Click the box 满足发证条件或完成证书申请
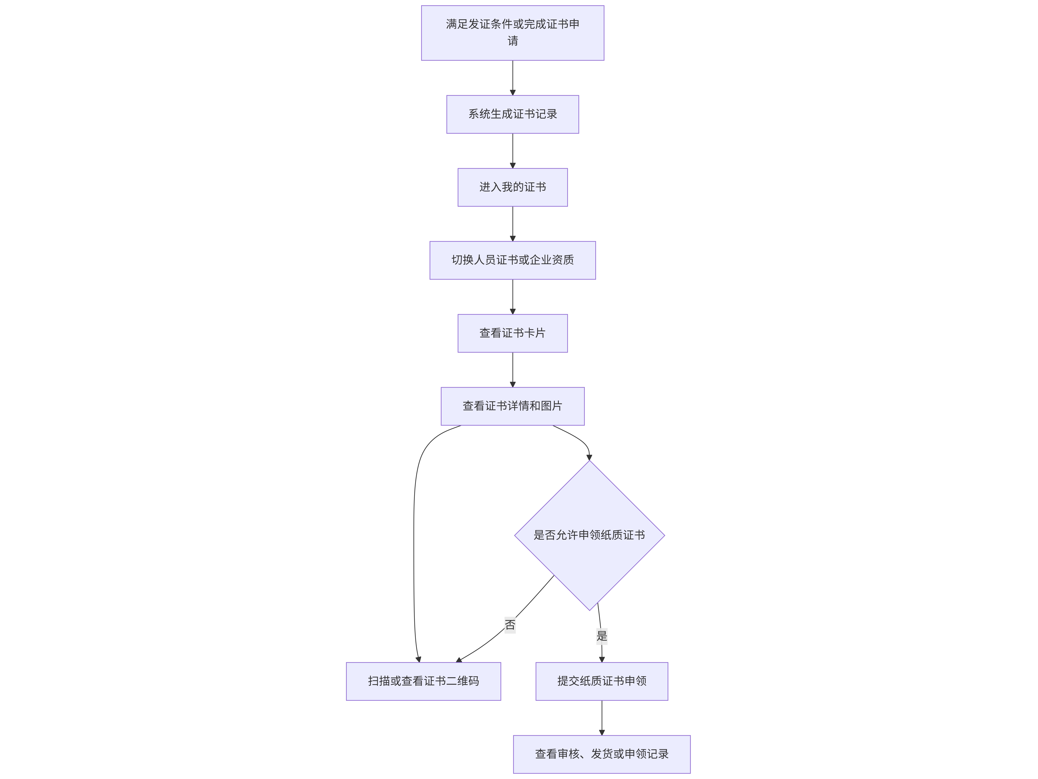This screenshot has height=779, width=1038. tap(512, 33)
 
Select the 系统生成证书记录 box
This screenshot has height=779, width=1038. tap(512, 114)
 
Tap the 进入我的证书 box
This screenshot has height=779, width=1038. tap(512, 187)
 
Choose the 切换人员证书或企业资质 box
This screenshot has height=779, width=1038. tap(512, 260)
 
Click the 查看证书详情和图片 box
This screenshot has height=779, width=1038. tap(512, 406)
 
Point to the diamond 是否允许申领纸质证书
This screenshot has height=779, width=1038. tap(589, 535)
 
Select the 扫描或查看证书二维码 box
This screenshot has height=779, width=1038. tap(423, 681)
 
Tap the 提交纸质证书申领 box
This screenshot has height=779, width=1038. tap(602, 681)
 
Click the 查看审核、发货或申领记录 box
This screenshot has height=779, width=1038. tap(602, 754)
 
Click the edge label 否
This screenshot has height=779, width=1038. tap(510, 625)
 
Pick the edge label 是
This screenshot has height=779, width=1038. tap(602, 636)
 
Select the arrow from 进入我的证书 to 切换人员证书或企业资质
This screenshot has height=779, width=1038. tap(512, 224)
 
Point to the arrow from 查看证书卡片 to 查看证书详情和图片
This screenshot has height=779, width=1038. tap(512, 370)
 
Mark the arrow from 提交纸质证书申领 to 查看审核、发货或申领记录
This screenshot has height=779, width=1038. tap(602, 718)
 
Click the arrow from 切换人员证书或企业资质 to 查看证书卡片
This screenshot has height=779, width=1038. tap(512, 297)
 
